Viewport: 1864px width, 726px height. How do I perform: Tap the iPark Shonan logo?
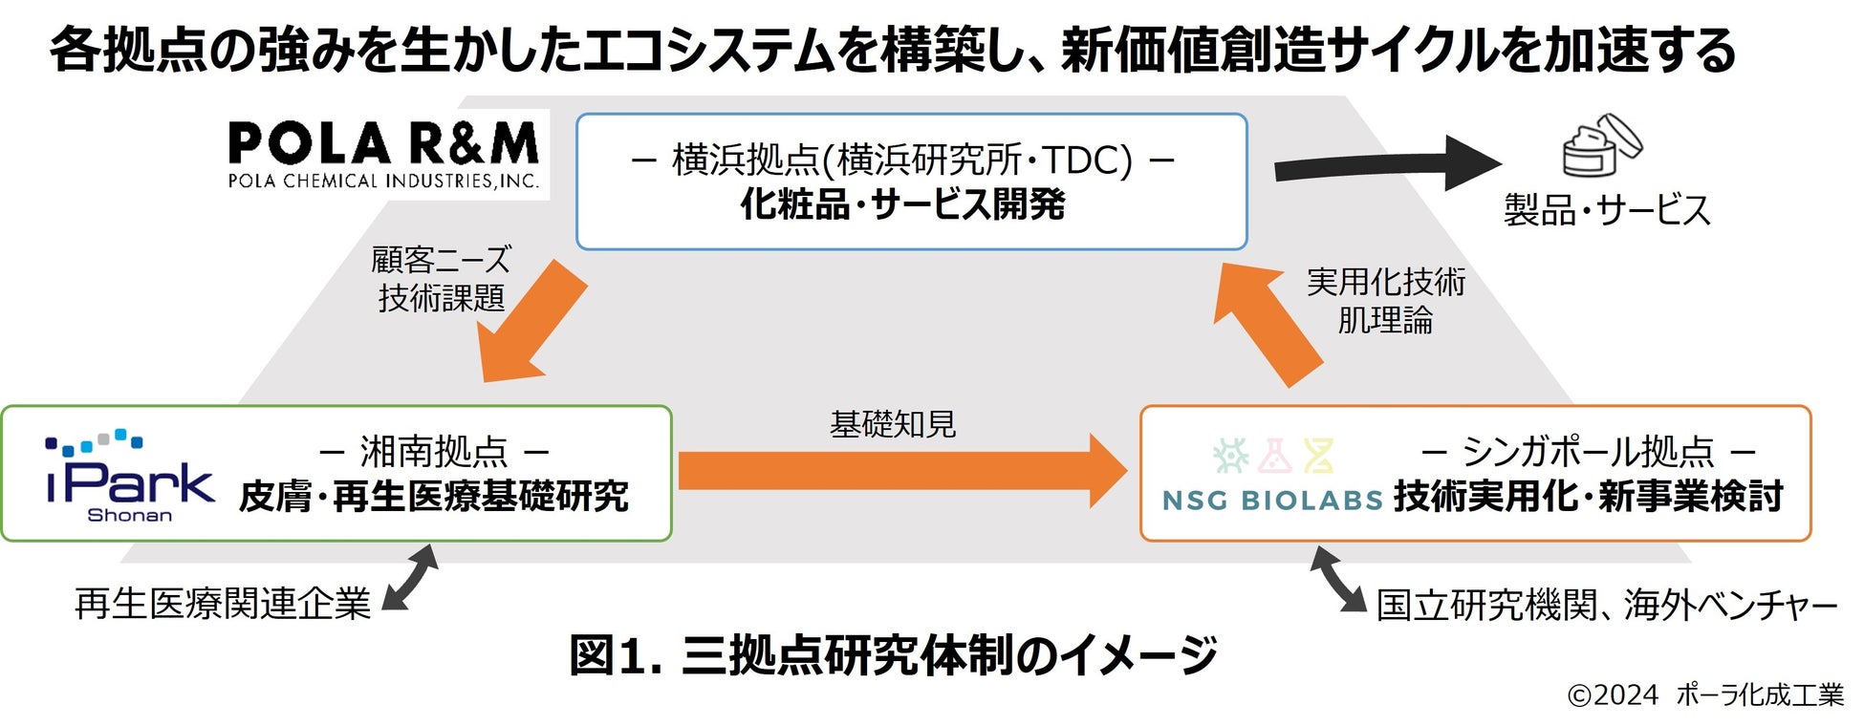point(130,475)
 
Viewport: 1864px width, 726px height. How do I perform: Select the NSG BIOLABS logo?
point(1272,475)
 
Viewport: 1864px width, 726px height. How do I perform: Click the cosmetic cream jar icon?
point(1601,146)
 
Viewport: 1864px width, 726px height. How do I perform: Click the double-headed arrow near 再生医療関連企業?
point(410,577)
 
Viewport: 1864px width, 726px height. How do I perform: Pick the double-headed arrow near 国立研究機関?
point(1337,579)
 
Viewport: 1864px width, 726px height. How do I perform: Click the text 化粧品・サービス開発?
point(902,204)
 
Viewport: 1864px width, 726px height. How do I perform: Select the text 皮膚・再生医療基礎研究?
point(434,497)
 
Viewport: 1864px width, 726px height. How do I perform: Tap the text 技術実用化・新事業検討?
point(1588,497)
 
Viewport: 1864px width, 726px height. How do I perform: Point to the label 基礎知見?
point(893,424)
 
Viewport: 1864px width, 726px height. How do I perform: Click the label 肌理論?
point(1385,320)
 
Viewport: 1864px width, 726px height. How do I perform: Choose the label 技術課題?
point(441,298)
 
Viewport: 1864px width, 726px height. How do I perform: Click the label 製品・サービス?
point(1607,210)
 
